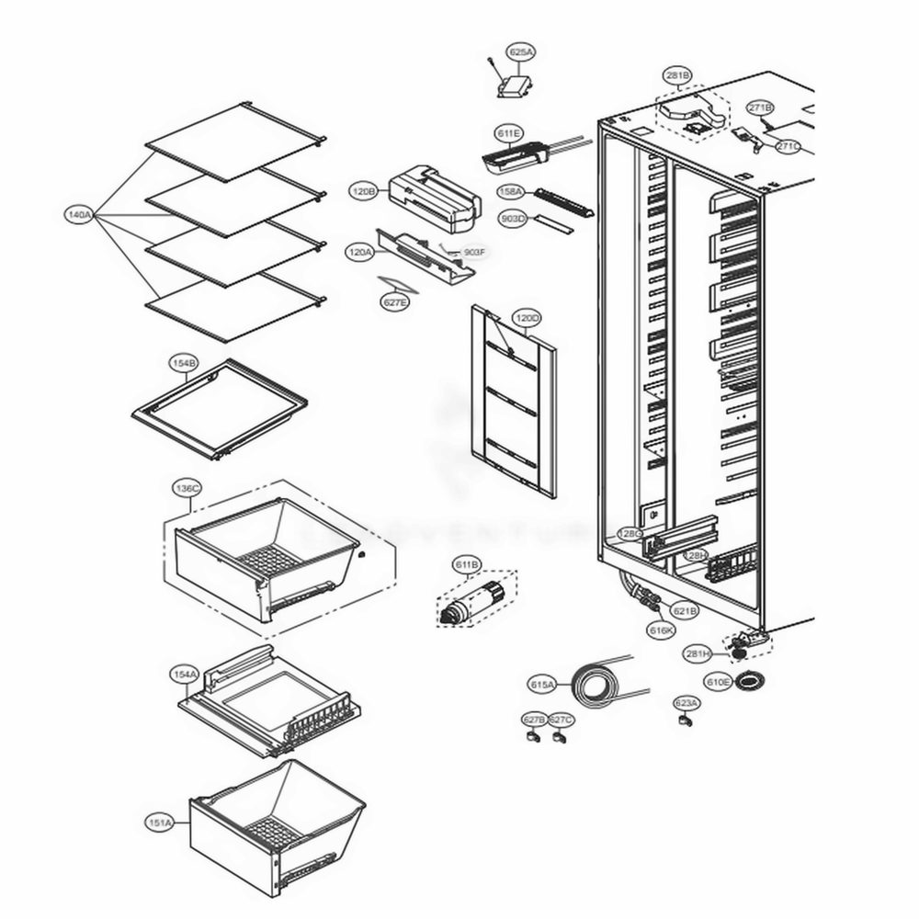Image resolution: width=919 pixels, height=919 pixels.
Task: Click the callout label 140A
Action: point(78,215)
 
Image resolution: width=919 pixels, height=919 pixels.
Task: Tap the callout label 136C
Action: point(187,488)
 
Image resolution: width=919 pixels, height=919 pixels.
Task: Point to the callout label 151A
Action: point(159,822)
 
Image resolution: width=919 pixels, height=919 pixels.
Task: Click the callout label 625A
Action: point(520,53)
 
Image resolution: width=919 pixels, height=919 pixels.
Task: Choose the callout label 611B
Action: point(466,563)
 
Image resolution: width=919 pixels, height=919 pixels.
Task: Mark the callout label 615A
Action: point(542,685)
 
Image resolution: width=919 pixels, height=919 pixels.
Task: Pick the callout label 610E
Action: point(719,682)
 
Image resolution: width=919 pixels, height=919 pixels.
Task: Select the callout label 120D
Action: point(527,319)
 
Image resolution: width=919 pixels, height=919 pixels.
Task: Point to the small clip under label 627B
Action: point(533,736)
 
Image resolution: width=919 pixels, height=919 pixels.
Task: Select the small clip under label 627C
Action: point(559,736)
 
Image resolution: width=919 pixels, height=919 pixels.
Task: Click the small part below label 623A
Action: point(684,722)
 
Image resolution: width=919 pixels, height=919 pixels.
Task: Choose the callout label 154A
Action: point(184,675)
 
